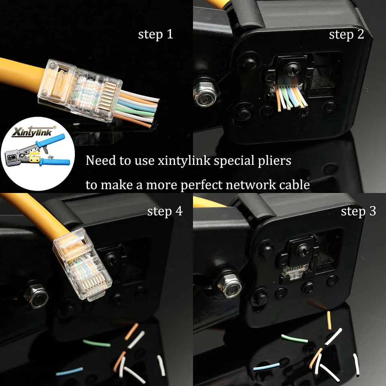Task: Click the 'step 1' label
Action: point(156,34)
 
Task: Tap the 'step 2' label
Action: point(346,35)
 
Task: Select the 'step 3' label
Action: point(358,211)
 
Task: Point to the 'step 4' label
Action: point(164,211)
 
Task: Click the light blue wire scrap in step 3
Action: point(266,366)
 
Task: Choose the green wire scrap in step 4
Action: point(96,343)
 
